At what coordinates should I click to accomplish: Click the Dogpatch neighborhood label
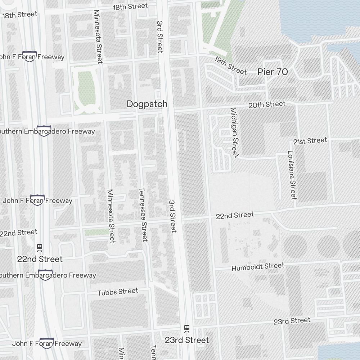147,104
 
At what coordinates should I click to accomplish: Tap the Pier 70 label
273,72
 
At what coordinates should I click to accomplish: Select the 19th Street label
230,65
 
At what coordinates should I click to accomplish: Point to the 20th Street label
267,105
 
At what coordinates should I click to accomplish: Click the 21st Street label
310,141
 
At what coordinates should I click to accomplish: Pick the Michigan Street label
234,132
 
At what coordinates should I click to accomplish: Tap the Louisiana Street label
292,175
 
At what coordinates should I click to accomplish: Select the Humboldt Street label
257,267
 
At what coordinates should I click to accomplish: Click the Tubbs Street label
118,292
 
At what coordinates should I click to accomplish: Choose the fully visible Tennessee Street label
143,214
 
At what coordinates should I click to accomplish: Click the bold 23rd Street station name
186,340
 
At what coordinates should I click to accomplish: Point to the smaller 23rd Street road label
292,321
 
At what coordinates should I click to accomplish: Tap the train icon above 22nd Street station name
40,248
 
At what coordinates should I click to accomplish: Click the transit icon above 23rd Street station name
186,328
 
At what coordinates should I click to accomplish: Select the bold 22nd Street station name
40,259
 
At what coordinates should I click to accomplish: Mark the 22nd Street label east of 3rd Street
235,215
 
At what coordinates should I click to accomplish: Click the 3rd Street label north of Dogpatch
160,36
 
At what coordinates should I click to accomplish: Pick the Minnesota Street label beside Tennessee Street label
111,216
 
